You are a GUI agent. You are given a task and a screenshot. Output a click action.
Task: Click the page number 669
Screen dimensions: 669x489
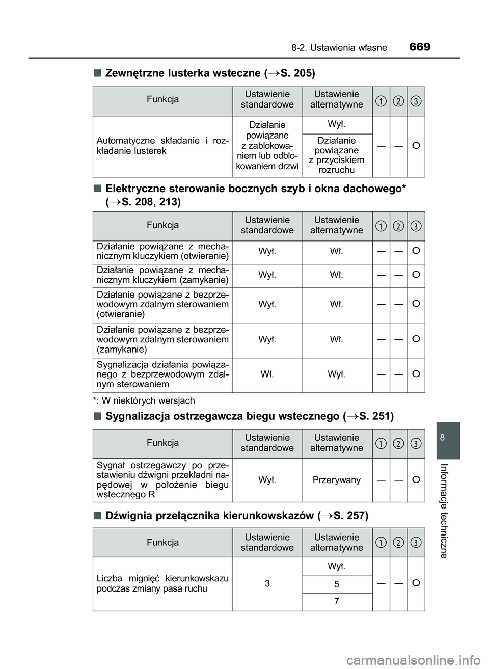pos(420,47)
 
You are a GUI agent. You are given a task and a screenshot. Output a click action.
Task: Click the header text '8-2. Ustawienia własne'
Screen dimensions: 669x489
pos(339,48)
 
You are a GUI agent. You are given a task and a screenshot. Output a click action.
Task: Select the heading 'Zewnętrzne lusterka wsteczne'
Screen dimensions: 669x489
pos(210,73)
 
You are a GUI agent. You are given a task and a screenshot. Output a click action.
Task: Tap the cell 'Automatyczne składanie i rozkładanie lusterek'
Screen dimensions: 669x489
pos(162,146)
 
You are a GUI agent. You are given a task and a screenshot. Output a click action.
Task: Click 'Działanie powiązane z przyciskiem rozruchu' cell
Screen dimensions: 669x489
pos(337,155)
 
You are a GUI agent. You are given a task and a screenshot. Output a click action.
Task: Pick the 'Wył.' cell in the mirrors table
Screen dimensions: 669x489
pos(337,124)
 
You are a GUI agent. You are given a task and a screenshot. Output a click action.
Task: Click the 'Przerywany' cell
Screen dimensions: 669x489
pos(337,480)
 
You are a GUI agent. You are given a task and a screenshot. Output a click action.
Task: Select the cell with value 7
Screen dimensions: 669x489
pos(337,602)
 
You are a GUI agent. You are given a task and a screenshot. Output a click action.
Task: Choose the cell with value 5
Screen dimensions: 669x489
pos(337,584)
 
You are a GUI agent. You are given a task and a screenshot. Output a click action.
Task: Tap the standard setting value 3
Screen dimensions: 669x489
pos(267,583)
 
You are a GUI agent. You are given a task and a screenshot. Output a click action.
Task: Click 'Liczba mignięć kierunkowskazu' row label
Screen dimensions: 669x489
pos(162,583)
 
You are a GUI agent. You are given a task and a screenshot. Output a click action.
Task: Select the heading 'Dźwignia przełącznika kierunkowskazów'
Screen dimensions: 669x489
pos(236,515)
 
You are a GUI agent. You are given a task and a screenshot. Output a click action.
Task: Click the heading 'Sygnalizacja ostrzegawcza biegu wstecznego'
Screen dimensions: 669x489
pos(249,416)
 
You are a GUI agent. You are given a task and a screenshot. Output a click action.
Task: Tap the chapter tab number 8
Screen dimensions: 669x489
pos(443,438)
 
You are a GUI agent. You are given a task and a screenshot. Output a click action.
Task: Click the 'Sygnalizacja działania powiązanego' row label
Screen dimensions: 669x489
pos(162,374)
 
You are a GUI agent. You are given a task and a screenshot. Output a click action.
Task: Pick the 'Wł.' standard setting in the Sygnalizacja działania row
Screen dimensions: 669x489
pos(267,374)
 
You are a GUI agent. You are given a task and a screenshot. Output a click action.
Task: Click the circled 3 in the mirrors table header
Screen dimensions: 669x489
pos(416,101)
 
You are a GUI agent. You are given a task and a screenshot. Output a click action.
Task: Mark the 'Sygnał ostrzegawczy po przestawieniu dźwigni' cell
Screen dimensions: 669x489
pos(162,480)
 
